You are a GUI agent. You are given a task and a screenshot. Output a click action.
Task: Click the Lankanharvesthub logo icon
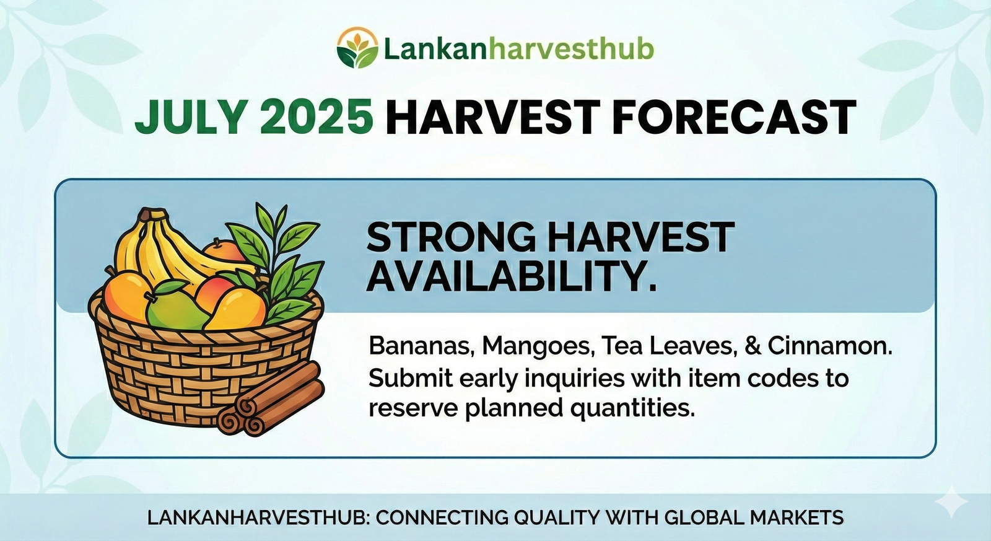tap(357, 48)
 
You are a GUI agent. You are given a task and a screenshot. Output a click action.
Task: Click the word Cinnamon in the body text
tap(830, 346)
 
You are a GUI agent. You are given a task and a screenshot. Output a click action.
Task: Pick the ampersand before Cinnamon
tap(752, 346)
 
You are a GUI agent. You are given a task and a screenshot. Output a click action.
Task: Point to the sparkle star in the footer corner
tap(954, 503)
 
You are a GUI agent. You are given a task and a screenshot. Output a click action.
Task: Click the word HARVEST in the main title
tap(492, 117)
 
